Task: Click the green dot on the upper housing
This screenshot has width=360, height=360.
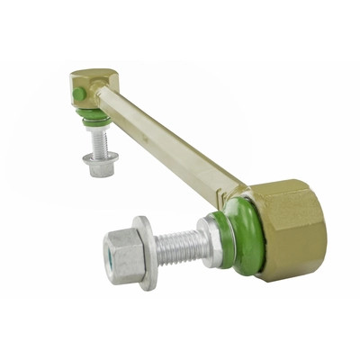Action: pyautogui.click(x=79, y=94)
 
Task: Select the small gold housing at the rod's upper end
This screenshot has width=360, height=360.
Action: pyautogui.click(x=92, y=89)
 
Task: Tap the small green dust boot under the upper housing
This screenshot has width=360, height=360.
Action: pyautogui.click(x=96, y=118)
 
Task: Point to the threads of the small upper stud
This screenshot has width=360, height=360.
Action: pyautogui.click(x=99, y=142)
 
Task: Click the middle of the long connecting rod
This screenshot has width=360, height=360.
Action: pyautogui.click(x=171, y=143)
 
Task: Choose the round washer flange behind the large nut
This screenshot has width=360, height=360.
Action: pyautogui.click(x=146, y=252)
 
